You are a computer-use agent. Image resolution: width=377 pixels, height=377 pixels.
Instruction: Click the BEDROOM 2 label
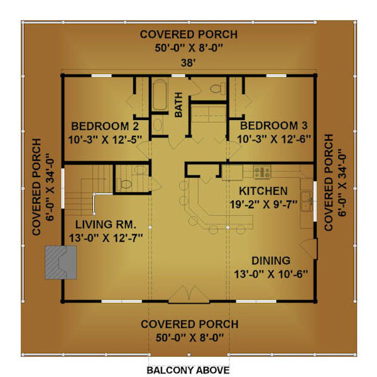tap(105, 126)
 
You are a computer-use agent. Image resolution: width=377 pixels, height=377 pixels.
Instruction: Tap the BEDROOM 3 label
tap(274, 126)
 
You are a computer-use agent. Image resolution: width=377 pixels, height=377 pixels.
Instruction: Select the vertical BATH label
tap(178, 104)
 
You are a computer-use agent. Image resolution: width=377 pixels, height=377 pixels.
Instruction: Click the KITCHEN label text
tap(263, 191)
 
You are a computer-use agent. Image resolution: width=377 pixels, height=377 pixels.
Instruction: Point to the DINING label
tap(271, 261)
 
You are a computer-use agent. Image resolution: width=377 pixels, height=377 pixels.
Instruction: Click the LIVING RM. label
tap(106, 224)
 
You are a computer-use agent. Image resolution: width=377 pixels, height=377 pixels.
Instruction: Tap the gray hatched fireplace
tap(61, 263)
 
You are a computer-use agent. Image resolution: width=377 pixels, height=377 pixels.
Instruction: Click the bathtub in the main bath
tap(160, 96)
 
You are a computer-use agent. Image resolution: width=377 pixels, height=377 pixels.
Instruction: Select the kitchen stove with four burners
tap(262, 172)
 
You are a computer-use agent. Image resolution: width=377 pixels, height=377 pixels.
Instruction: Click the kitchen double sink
tap(307, 201)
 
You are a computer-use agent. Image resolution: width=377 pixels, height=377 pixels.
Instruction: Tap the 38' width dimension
tap(188, 63)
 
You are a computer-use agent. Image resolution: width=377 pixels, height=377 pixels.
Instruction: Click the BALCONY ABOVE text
tap(188, 370)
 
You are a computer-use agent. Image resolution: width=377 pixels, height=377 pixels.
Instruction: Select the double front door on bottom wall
tap(189, 294)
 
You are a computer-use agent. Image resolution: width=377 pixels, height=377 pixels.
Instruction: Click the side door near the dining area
tap(310, 249)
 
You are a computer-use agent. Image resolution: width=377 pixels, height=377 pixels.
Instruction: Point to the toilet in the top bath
tap(217, 89)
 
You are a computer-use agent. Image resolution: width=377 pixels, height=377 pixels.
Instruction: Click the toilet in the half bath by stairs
tap(124, 183)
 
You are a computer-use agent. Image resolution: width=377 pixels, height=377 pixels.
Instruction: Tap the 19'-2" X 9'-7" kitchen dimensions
tap(263, 204)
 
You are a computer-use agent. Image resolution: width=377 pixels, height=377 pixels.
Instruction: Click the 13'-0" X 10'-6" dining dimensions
tap(271, 274)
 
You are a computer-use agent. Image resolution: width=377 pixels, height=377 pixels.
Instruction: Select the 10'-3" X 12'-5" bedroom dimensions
tap(105, 139)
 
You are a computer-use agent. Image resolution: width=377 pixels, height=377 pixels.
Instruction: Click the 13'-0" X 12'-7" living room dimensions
tap(106, 238)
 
